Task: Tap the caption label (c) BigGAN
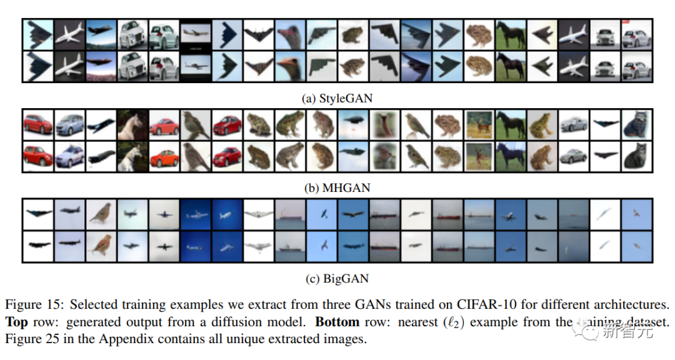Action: (337, 278)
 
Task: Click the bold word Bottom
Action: (337, 322)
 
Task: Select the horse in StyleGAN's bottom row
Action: (511, 66)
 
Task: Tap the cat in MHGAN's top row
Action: (637, 124)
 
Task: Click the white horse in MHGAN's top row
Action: (132, 124)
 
